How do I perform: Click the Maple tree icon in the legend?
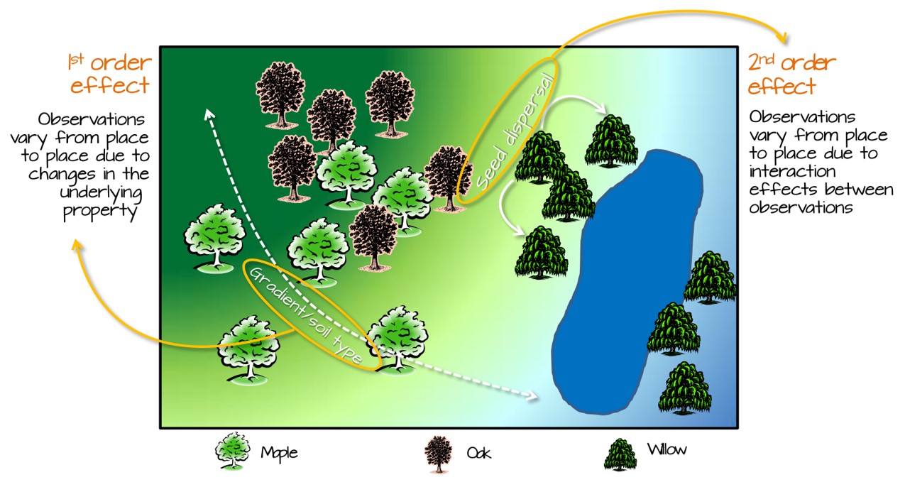(x=234, y=452)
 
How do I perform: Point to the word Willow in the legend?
(x=667, y=449)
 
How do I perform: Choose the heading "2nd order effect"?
(x=792, y=75)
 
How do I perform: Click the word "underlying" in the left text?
(x=106, y=192)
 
